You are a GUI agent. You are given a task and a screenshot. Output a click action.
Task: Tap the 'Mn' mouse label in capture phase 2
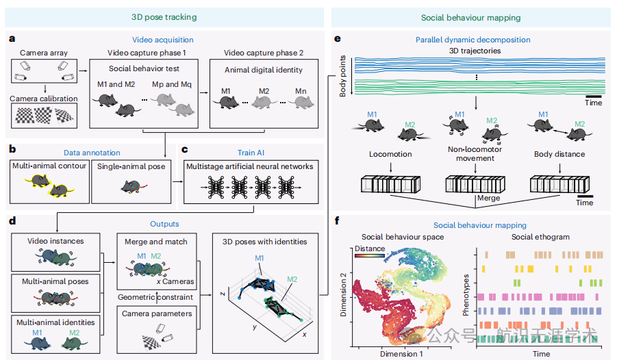coord(301,91)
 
